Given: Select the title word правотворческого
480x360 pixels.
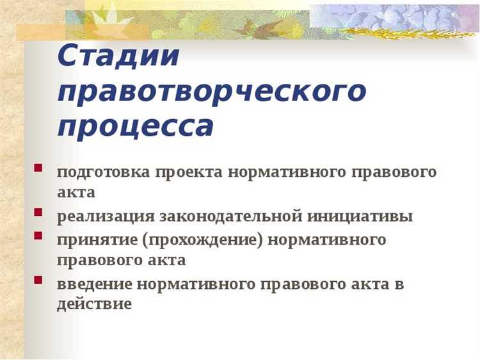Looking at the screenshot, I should point(212,94).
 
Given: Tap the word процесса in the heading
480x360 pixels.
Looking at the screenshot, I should point(135,127).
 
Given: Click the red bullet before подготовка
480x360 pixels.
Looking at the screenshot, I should point(39,170).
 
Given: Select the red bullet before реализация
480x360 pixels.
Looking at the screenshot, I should point(39,212).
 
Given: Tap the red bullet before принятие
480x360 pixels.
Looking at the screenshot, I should point(39,236).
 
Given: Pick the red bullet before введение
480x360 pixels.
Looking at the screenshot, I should point(39,279).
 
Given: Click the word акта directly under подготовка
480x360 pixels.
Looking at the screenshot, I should point(76,193).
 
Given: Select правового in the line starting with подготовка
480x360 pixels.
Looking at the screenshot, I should point(396,173).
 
